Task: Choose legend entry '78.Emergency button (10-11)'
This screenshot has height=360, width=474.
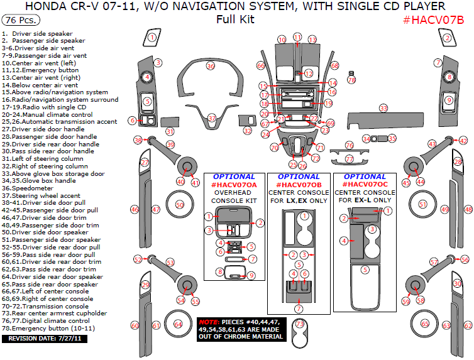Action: [x=48, y=328]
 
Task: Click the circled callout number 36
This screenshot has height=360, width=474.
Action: [x=211, y=66]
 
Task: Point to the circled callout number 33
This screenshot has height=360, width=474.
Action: [x=383, y=109]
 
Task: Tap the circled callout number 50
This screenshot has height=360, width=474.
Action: [x=180, y=205]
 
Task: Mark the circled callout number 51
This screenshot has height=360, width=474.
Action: [x=422, y=205]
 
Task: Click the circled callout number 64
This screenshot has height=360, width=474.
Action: [x=179, y=324]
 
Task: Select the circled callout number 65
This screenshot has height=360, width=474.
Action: [x=426, y=324]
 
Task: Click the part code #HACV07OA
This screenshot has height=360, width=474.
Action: [x=234, y=185]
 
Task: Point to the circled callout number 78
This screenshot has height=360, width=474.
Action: [x=351, y=80]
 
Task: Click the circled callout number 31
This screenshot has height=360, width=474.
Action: [x=170, y=131]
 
